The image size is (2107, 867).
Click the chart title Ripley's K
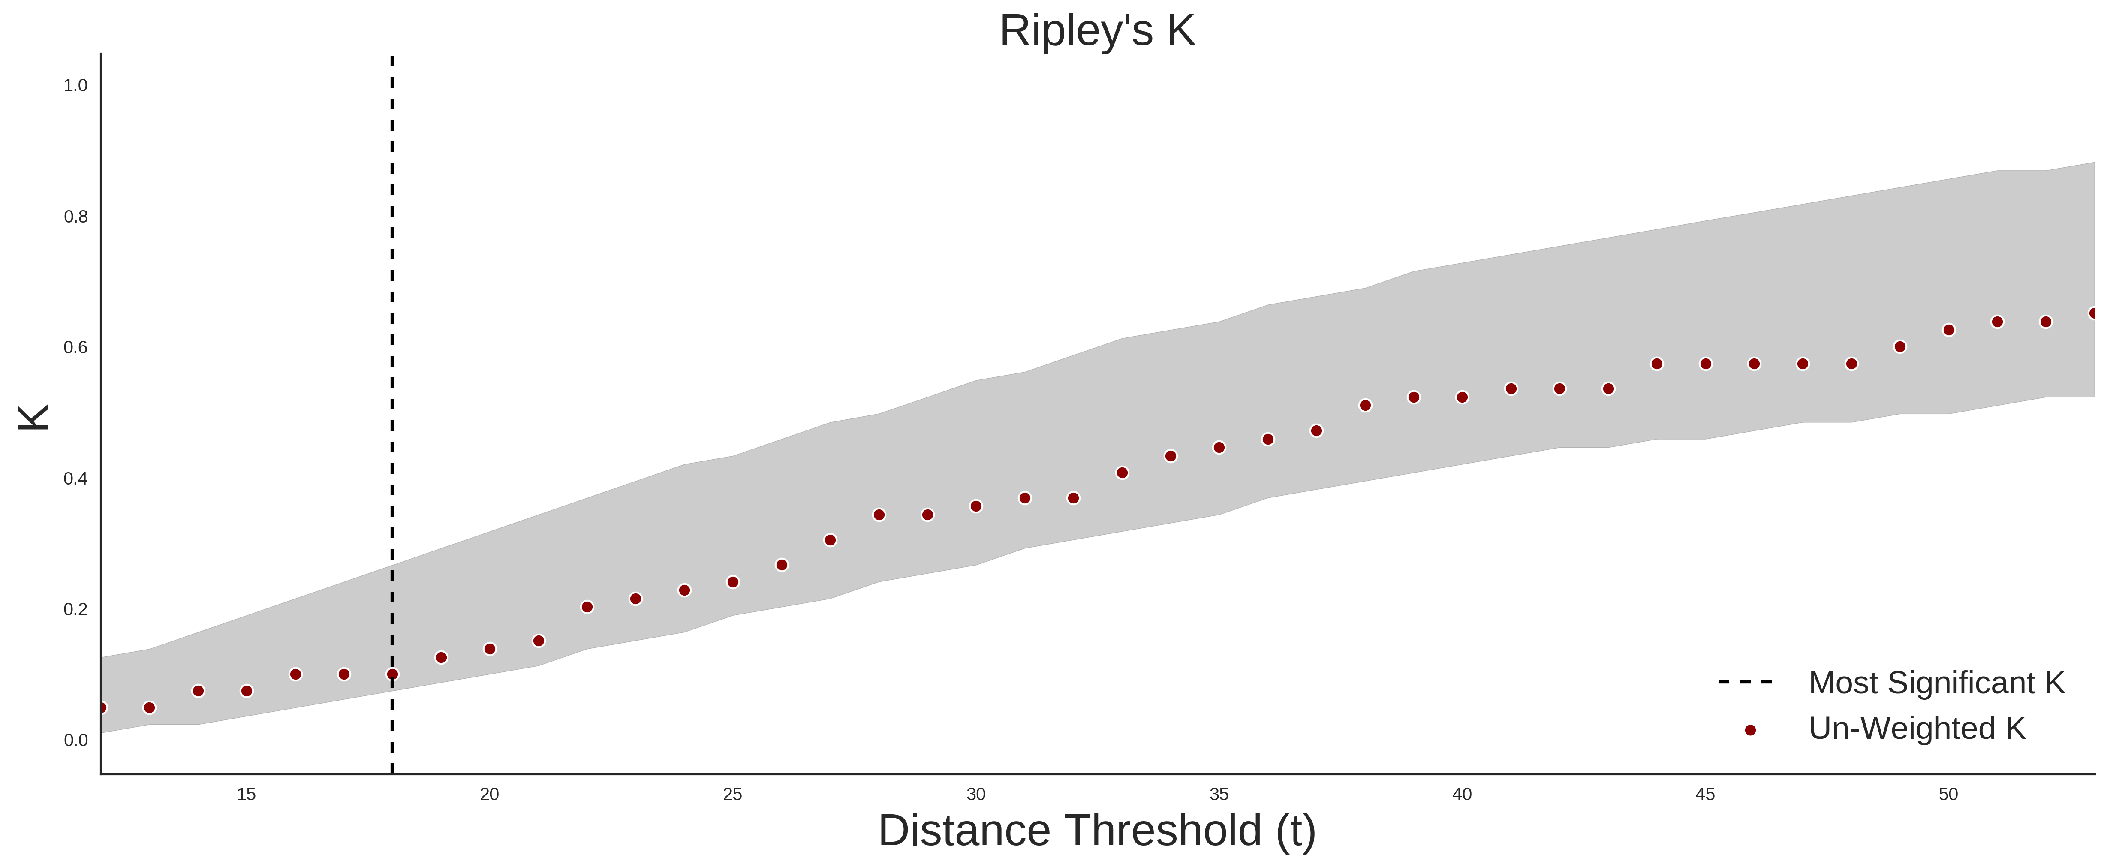pos(1097,31)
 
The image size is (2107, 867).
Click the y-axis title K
pos(34,417)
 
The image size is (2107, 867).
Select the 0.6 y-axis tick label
pos(75,348)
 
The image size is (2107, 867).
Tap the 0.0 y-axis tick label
pos(75,740)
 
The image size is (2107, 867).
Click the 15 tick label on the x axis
pos(246,794)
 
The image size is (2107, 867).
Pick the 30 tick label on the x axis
pos(976,794)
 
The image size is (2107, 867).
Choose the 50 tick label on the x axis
pos(1948,794)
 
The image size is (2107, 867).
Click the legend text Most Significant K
pos(1936,683)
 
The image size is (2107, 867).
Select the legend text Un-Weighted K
pos(1917,728)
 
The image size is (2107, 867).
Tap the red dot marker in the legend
pos(1749,730)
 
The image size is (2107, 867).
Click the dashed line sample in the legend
pos(1746,681)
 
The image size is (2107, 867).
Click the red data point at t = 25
pos(733,582)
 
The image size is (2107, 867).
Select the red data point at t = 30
pos(976,506)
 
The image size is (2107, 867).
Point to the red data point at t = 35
pos(1219,447)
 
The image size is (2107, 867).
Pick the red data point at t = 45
pos(1705,364)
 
